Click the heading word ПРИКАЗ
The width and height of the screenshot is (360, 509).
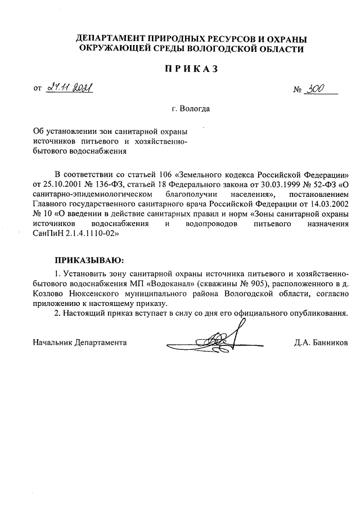180,69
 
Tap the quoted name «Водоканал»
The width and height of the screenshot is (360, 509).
169,283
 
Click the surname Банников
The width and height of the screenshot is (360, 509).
329,342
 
